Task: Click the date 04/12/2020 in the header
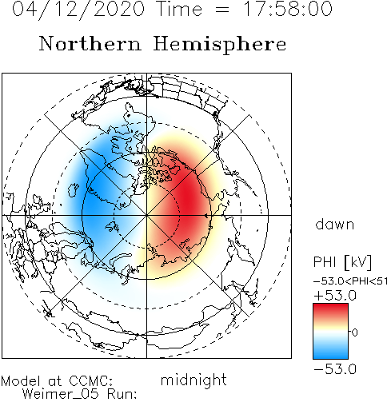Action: pos(78,10)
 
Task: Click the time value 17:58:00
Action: pos(288,9)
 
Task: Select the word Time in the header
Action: pos(180,9)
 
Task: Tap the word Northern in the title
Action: pos(90,43)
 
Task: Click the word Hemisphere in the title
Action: pos(220,45)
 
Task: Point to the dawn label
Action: pos(335,224)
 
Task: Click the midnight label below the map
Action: pos(193,380)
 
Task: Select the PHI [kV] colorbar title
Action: pos(342,262)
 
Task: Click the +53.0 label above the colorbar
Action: pos(335,296)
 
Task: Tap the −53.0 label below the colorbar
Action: pos(335,369)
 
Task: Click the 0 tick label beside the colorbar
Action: pos(355,332)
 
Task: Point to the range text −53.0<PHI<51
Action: pos(350,281)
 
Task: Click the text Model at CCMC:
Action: pos(57,381)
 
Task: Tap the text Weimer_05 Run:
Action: pos(79,394)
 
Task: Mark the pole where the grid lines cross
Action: pos(146,215)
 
